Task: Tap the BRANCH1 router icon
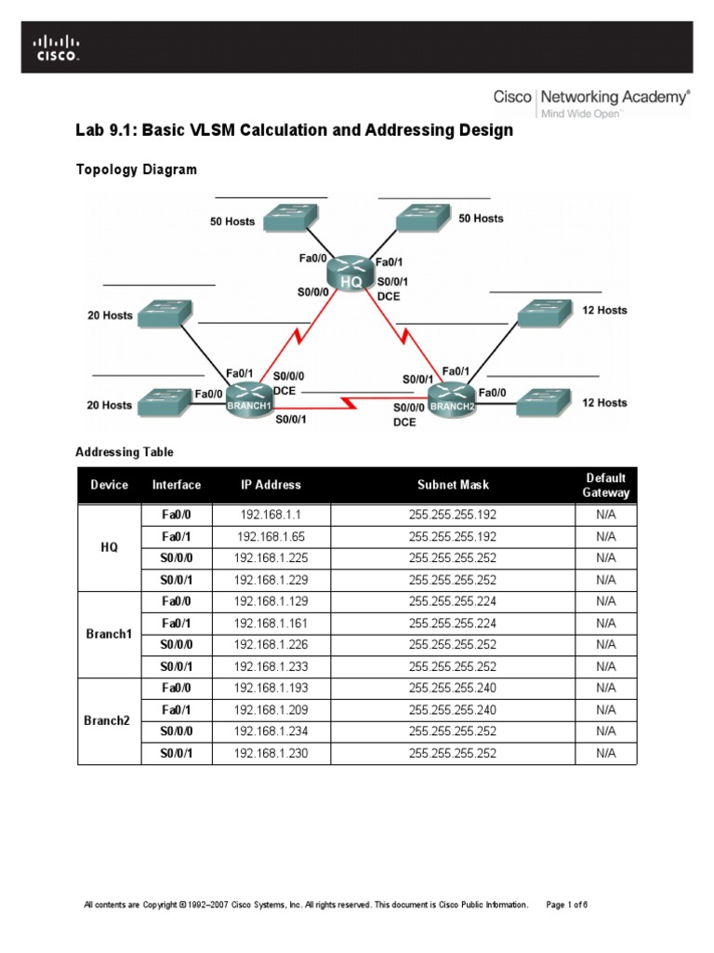coord(248,399)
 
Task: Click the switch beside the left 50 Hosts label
coord(289,219)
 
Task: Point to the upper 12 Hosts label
coord(604,310)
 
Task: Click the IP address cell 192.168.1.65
coord(271,537)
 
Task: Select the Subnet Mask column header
coord(448,485)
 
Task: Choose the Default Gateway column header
coord(605,485)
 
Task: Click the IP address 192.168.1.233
coord(271,666)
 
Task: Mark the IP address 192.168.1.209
coord(271,709)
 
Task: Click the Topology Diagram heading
coord(136,169)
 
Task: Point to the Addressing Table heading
coord(124,452)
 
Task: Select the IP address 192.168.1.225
coord(271,558)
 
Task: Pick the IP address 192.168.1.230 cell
coord(271,753)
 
